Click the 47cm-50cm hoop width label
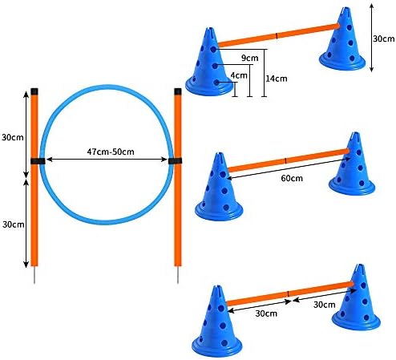pyautogui.click(x=111, y=152)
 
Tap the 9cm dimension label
pyautogui.click(x=250, y=58)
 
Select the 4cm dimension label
pyautogui.click(x=239, y=75)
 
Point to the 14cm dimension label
pyautogui.click(x=277, y=79)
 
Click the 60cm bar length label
pyautogui.click(x=292, y=178)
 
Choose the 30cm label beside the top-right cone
pyautogui.click(x=384, y=38)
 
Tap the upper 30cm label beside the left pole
pyautogui.click(x=13, y=137)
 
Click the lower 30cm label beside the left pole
pyautogui.click(x=14, y=224)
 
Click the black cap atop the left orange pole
pyautogui.click(x=34, y=91)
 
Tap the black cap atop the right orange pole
pyautogui.click(x=178, y=91)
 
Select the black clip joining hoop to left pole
pyautogui.click(x=38, y=161)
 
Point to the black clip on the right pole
pyautogui.click(x=176, y=161)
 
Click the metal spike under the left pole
pyautogui.click(x=34, y=274)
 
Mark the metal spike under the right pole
pyautogui.click(x=178, y=275)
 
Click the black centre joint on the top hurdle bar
pyautogui.click(x=277, y=35)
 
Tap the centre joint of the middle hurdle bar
pyautogui.click(x=285, y=161)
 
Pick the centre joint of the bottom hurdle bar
pyautogui.click(x=288, y=293)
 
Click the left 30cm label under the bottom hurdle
pyautogui.click(x=266, y=313)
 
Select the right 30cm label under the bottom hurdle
pyautogui.click(x=325, y=305)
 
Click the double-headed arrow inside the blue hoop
pyautogui.click(x=107, y=160)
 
